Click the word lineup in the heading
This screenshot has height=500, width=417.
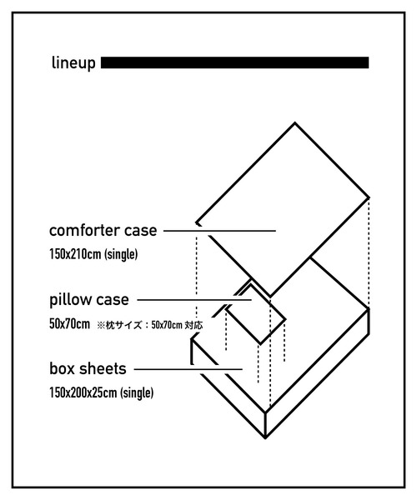[x=73, y=63]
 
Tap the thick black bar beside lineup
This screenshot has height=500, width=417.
[x=235, y=62]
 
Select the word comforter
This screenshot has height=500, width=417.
[x=84, y=230]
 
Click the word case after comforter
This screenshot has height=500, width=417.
[x=141, y=231]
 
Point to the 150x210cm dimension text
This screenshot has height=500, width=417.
[x=75, y=254]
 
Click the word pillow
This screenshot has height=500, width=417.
[x=71, y=300]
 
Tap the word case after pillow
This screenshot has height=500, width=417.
[x=113, y=300]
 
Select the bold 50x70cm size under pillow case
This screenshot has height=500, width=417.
[x=69, y=324]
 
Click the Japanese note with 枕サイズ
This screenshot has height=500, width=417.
[x=149, y=325]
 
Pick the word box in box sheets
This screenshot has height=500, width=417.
[x=62, y=368]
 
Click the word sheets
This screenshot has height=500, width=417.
[x=103, y=368]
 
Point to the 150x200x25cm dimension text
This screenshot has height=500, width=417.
[x=83, y=392]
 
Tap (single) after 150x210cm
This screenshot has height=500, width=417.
[x=121, y=255]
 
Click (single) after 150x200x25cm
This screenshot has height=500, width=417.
[x=137, y=392]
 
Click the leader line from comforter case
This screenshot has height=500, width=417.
[x=219, y=231]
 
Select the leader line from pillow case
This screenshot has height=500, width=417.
[x=194, y=300]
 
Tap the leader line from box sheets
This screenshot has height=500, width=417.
[x=188, y=369]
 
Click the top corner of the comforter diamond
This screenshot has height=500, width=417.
[x=294, y=122]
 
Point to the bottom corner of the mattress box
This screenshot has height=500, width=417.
[x=265, y=437]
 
